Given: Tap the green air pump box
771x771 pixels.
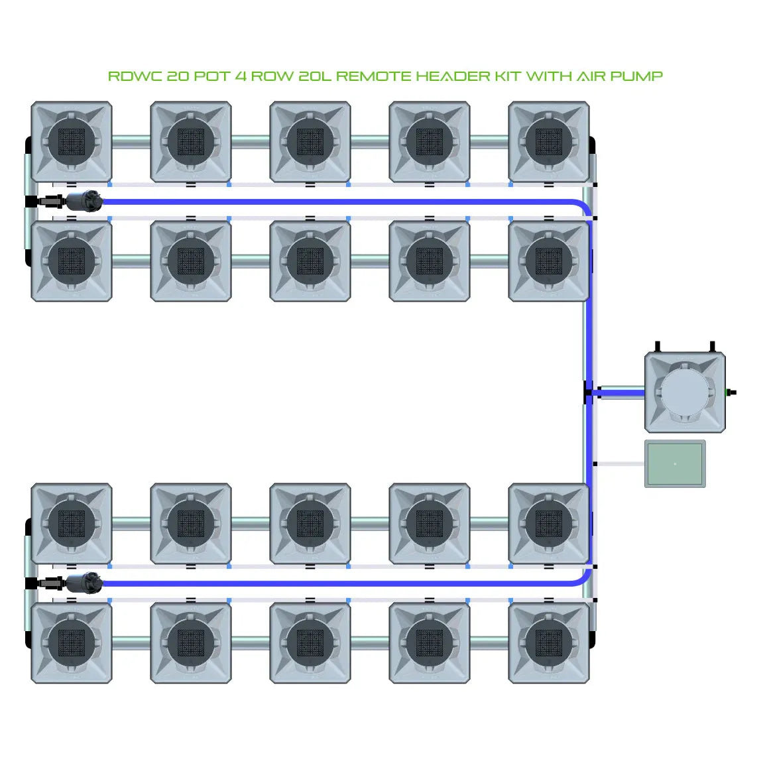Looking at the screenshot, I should pos(675,463).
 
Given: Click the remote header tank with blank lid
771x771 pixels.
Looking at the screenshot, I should pos(685,392).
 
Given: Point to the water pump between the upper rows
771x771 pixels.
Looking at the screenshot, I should pos(84,200).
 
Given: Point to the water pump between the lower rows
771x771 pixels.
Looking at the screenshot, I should pos(84,583).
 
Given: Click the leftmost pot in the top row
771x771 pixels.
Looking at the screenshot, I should pos(72,142).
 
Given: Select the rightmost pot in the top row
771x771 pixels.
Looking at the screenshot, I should pos(549,142).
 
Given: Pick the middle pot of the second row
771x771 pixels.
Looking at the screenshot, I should pos(310,261).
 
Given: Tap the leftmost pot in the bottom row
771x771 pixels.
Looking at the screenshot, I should pos(72,642).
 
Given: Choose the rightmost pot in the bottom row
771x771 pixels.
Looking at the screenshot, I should pos(549,642).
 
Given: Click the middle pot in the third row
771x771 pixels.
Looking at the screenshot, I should pos(310,524).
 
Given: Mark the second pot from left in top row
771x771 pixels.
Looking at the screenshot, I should pos(191,142).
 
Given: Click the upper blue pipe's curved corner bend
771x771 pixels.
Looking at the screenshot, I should pos(584,207).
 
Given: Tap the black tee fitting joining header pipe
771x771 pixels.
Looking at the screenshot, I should pos(588,392).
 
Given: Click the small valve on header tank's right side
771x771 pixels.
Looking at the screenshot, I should pos(731,392).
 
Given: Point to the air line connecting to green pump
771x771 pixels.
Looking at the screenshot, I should pos(620,463).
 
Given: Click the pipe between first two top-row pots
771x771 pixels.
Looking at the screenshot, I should pos(131,141).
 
